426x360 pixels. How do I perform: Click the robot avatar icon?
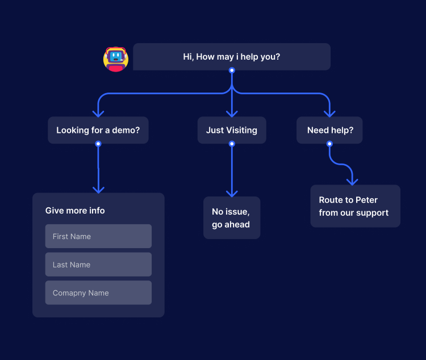[116, 58]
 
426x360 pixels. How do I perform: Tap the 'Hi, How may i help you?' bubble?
[232, 57]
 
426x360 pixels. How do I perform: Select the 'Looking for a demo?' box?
[98, 130]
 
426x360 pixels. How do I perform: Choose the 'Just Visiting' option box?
[232, 130]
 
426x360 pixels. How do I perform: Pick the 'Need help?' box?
[329, 130]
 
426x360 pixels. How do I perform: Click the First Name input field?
[98, 236]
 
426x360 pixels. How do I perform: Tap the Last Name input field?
[98, 265]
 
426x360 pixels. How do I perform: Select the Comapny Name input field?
[98, 293]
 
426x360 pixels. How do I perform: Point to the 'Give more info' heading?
[75, 211]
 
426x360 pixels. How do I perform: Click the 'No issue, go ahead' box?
[232, 218]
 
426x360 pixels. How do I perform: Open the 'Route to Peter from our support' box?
[355, 206]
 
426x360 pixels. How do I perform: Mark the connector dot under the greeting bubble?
[232, 70]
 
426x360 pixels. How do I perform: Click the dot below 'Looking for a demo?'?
[98, 144]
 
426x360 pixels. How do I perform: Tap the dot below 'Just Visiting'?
[232, 144]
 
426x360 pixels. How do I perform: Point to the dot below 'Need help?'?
[329, 144]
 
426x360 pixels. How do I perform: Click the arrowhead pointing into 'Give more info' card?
[98, 189]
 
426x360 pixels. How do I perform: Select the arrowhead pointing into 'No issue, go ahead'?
[232, 192]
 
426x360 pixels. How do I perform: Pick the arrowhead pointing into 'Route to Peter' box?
[352, 181]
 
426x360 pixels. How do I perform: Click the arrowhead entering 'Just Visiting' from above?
[232, 113]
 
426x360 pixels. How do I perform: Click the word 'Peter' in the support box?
[366, 200]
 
